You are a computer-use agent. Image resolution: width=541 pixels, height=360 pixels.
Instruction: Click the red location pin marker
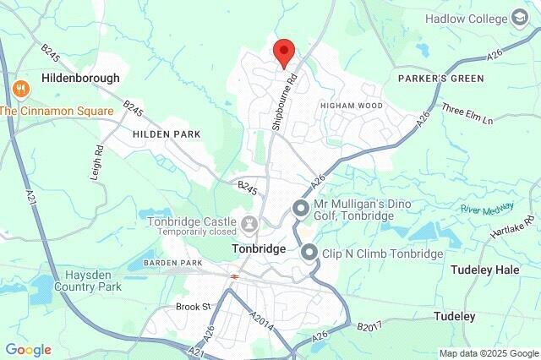click(284, 52)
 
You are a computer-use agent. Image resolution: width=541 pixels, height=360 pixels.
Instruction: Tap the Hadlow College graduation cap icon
click(518, 18)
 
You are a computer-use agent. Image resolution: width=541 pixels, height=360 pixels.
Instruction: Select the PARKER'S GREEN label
click(440, 79)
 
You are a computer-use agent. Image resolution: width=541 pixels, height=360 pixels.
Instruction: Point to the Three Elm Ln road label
click(467, 115)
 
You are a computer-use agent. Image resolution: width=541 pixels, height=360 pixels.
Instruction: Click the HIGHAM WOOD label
click(351, 106)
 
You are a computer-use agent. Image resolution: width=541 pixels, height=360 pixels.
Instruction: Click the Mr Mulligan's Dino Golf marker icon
click(300, 208)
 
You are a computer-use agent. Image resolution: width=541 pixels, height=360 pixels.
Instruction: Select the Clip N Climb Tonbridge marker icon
click(309, 253)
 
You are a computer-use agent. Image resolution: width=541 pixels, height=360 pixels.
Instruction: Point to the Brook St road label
click(193, 306)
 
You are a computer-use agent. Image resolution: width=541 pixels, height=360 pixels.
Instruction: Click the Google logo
click(28, 349)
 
